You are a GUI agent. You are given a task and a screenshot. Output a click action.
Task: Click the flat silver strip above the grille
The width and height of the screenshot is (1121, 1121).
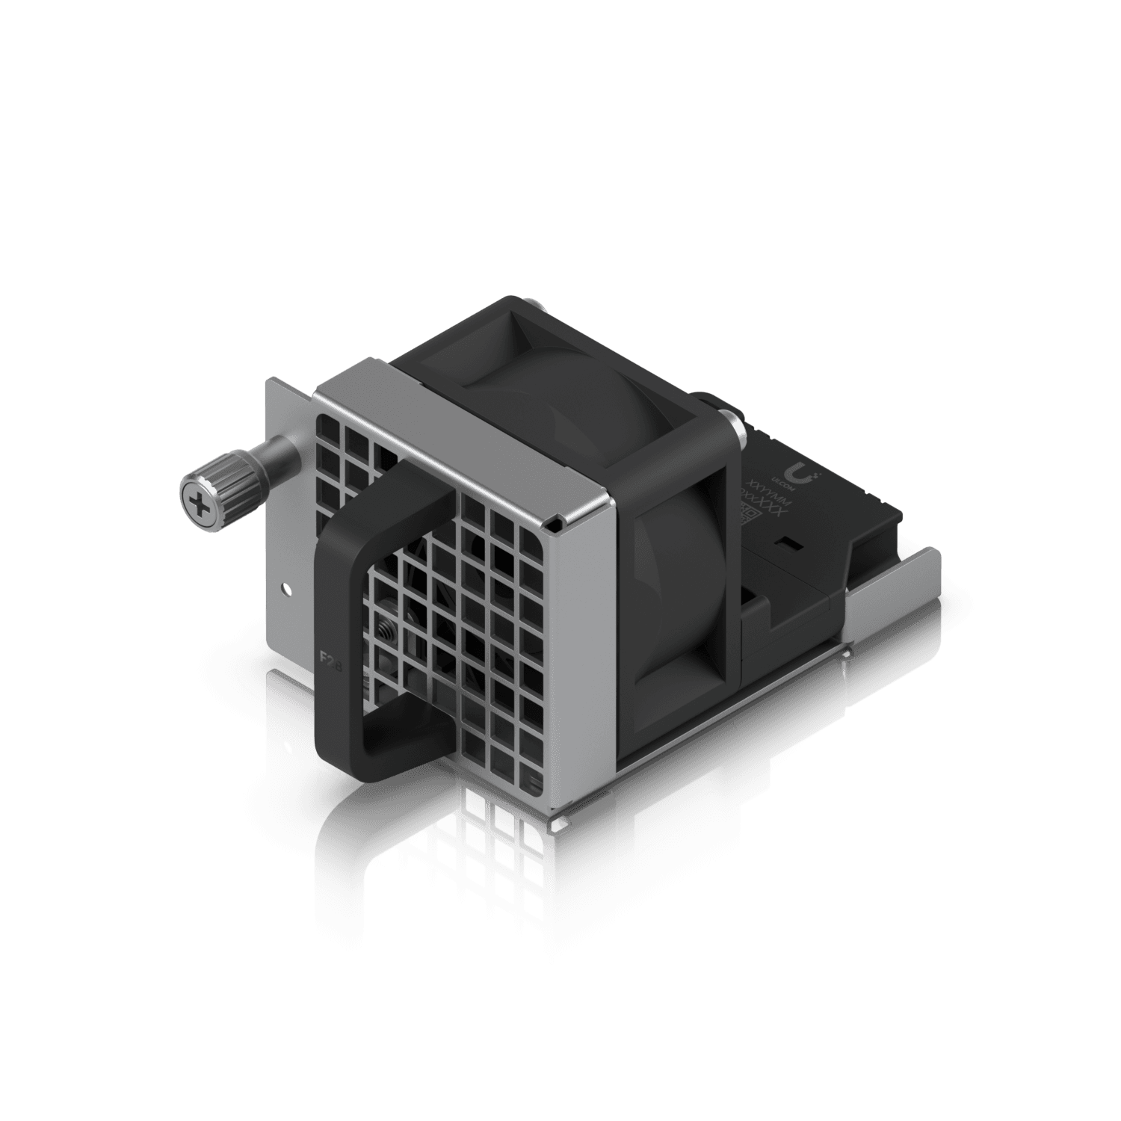(x=463, y=426)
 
